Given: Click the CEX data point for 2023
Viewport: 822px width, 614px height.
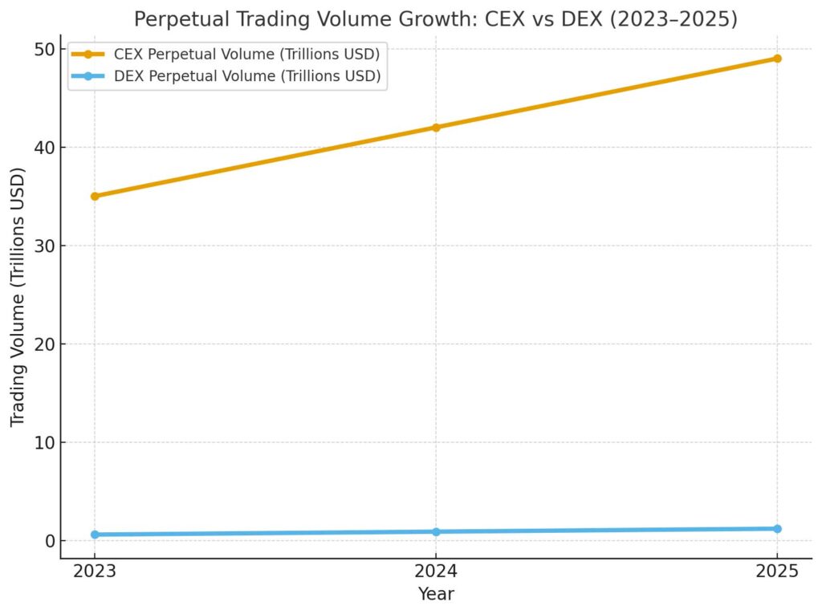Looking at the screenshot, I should point(95,196).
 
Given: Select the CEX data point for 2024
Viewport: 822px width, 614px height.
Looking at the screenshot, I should point(436,127).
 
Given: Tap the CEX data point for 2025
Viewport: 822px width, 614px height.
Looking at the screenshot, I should point(777,59).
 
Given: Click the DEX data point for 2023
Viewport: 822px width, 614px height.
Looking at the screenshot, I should point(95,535).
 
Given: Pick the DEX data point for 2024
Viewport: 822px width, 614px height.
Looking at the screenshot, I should point(436,531).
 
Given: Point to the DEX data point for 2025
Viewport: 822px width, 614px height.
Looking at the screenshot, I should point(777,529).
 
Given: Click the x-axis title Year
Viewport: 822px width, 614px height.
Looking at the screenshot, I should point(436,594).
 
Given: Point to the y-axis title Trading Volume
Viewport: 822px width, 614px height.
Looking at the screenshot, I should point(18,297).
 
